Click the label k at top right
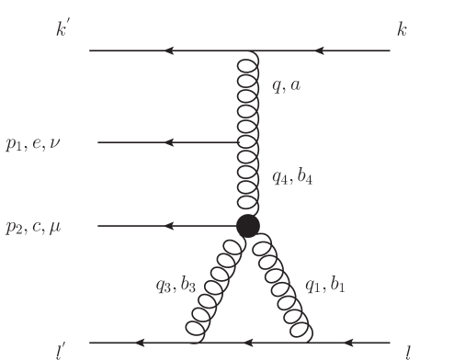[402, 29]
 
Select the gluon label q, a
[287, 86]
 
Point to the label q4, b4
[293, 177]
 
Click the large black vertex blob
[246, 226]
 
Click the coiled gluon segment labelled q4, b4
[246, 179]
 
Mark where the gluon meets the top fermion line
[246, 51]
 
